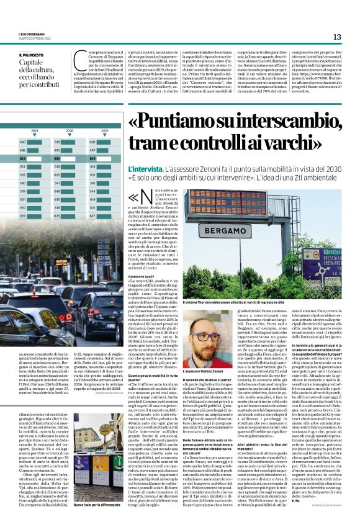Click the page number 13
[337, 37]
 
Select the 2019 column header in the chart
[34, 132]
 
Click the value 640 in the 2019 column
[23, 142]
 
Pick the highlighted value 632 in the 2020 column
[58, 158]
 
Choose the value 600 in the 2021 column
[92, 142]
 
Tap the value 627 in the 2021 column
[92, 215]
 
